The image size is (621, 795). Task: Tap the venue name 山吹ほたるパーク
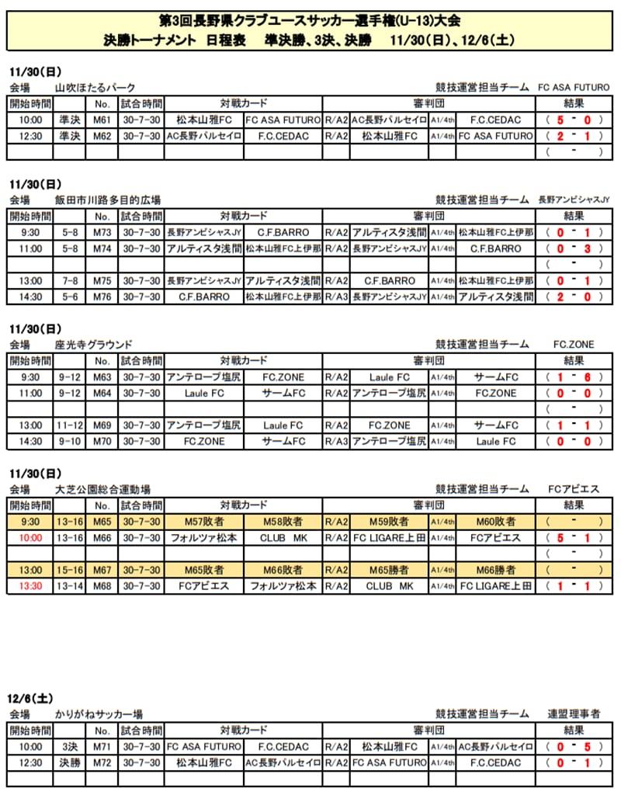(95, 88)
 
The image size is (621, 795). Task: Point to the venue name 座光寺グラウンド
(94, 345)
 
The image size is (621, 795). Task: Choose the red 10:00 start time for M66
(30, 538)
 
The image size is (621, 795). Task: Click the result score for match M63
(574, 377)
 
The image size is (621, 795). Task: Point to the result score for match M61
(574, 120)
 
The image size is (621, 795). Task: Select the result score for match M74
(574, 248)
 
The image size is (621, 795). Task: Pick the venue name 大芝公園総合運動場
(103, 489)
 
